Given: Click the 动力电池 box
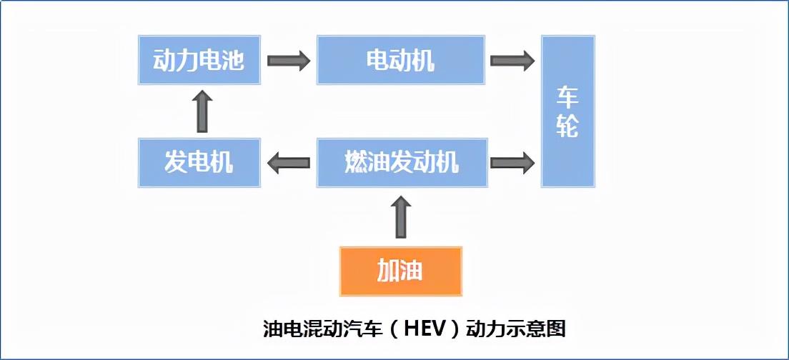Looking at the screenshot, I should tap(199, 60).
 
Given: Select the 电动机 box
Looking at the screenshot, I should tap(401, 60).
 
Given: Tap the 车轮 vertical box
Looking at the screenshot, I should tap(567, 111).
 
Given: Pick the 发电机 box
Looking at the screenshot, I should tap(199, 163).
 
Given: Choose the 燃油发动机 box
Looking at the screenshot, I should tap(401, 163).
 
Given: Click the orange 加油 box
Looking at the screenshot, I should tap(400, 271).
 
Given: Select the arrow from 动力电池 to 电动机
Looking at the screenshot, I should tap(288, 60).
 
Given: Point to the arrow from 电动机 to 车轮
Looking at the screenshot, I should tap(512, 60).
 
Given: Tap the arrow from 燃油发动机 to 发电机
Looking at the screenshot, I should tap(288, 163).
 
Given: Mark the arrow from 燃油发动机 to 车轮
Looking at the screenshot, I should tap(512, 163).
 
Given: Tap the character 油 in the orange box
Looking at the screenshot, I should tap(412, 271).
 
